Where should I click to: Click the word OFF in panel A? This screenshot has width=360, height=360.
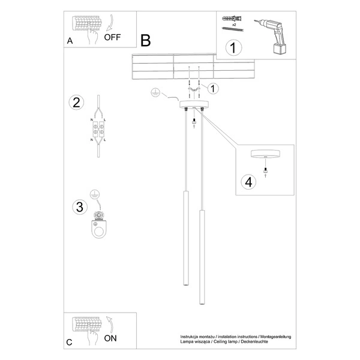tap(112, 37)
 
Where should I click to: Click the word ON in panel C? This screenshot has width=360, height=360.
tap(111, 338)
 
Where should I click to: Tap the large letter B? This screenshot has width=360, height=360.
tap(145, 41)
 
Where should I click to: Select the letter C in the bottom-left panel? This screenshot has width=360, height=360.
tap(70, 343)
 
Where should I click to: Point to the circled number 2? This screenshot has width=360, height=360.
tap(76, 102)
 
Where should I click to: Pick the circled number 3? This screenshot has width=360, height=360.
tap(77, 208)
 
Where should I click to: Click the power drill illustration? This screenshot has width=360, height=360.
tap(274, 32)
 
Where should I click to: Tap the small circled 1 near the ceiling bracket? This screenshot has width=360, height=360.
tap(214, 88)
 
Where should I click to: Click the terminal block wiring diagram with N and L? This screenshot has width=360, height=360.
tap(98, 129)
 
